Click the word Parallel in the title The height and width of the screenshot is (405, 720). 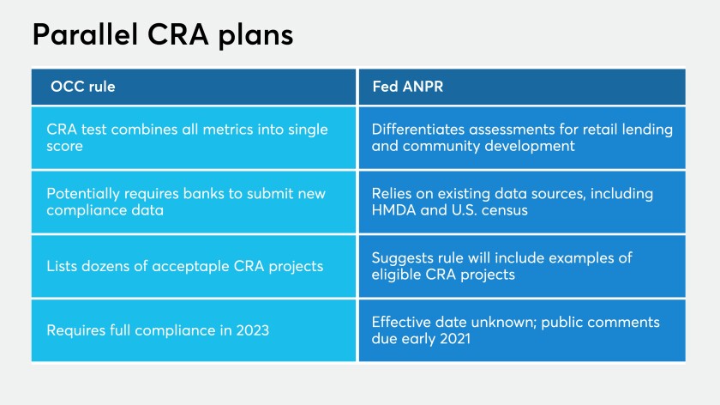[x=85, y=34]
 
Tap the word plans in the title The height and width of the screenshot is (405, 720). [x=255, y=36]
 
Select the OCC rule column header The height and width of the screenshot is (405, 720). [x=82, y=87]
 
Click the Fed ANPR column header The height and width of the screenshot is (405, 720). [x=408, y=87]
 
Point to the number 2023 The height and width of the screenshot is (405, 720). [x=253, y=330]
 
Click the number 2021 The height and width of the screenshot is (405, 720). [x=455, y=339]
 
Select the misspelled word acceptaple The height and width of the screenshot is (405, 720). [x=190, y=267]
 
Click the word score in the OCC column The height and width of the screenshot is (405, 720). [x=64, y=147]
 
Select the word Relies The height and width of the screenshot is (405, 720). [x=392, y=194]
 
